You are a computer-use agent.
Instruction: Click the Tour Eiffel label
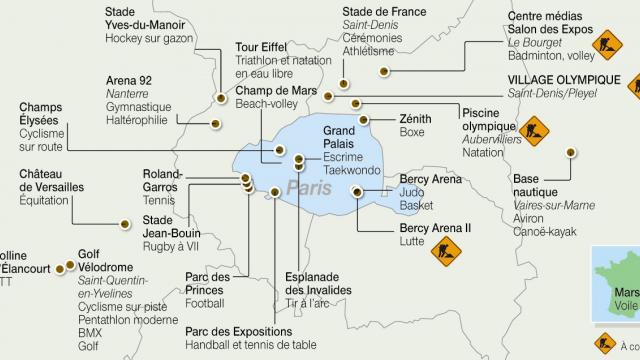(259, 46)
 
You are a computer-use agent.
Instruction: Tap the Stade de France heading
(382, 13)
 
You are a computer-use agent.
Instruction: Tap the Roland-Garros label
(162, 179)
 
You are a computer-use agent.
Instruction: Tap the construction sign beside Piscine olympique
(532, 129)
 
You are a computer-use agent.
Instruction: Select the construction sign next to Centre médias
(606, 44)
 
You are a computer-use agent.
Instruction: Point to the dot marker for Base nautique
(571, 152)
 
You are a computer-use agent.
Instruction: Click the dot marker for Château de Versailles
(124, 224)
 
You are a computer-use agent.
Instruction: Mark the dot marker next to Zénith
(363, 119)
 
